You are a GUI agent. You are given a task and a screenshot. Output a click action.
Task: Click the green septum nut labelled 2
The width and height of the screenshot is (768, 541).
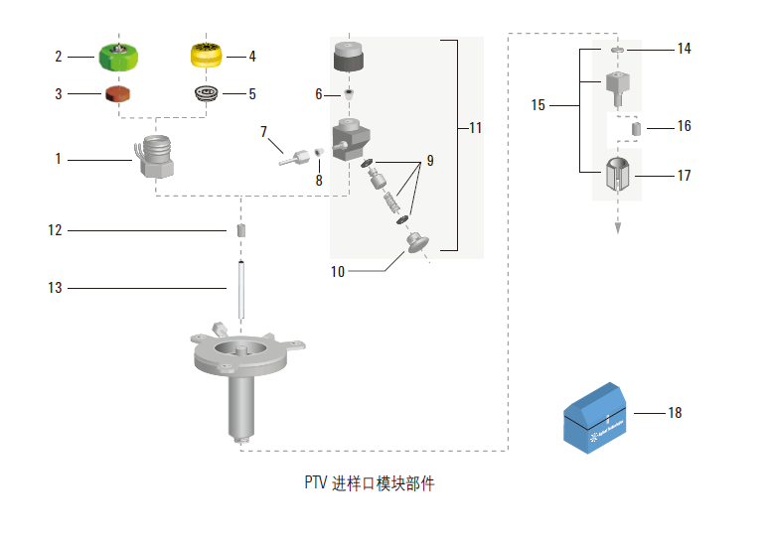pyautogui.click(x=119, y=56)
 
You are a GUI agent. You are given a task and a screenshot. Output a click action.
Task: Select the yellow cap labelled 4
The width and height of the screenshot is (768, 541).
pyautogui.click(x=209, y=57)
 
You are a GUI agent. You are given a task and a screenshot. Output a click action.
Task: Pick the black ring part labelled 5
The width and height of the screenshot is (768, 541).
pyautogui.click(x=208, y=94)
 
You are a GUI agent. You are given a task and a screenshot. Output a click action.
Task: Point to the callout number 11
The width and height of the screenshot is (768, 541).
pyautogui.click(x=475, y=128)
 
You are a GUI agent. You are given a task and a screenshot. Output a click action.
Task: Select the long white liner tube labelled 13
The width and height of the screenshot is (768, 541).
pyautogui.click(x=241, y=287)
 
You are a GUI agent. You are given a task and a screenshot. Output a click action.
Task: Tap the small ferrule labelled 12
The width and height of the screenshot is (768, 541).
pyautogui.click(x=241, y=231)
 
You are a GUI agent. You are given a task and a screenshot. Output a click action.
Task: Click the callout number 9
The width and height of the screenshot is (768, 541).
pyautogui.click(x=430, y=160)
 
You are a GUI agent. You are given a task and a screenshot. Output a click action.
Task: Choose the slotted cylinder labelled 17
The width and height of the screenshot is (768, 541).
pyautogui.click(x=617, y=176)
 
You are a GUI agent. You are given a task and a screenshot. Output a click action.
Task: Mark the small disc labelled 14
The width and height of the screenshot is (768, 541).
pyautogui.click(x=616, y=49)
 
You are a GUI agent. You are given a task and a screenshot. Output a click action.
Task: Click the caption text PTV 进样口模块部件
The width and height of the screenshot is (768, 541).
pyautogui.click(x=369, y=484)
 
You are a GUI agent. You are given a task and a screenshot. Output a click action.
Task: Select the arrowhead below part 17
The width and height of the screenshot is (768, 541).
pyautogui.click(x=617, y=226)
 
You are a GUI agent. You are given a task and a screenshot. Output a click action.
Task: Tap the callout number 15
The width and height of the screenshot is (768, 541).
pyautogui.click(x=538, y=104)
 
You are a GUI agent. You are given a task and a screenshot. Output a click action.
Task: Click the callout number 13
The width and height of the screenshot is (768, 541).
pyautogui.click(x=55, y=288)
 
